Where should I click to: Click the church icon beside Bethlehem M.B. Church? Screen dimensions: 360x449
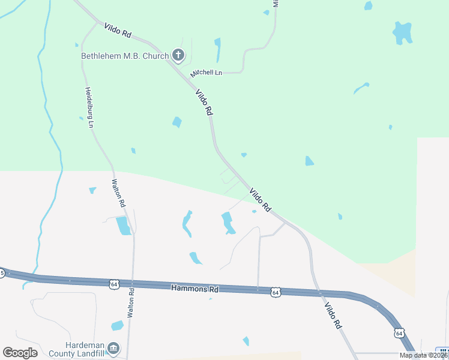pyautogui.click(x=178, y=56)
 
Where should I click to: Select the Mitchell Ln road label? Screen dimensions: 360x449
pyautogui.click(x=206, y=73)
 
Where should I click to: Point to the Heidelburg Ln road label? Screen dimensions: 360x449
pyautogui.click(x=89, y=107)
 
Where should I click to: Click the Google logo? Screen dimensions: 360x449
pyautogui.click(x=20, y=353)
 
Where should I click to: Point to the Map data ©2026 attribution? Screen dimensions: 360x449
pyautogui.click(x=423, y=355)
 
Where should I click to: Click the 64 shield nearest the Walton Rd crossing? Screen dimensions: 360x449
pyautogui.click(x=114, y=283)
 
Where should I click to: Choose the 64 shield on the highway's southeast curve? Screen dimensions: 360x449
pyautogui.click(x=399, y=333)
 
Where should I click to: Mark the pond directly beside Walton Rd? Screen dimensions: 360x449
pyautogui.click(x=122, y=226)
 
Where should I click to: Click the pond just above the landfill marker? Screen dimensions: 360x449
pyautogui.click(x=117, y=326)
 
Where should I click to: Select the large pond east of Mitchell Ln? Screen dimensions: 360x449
pyautogui.click(x=402, y=32)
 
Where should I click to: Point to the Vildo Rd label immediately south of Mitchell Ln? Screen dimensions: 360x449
pyautogui.click(x=204, y=103)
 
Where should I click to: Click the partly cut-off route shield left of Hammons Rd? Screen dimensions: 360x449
pyautogui.click(x=2, y=274)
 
